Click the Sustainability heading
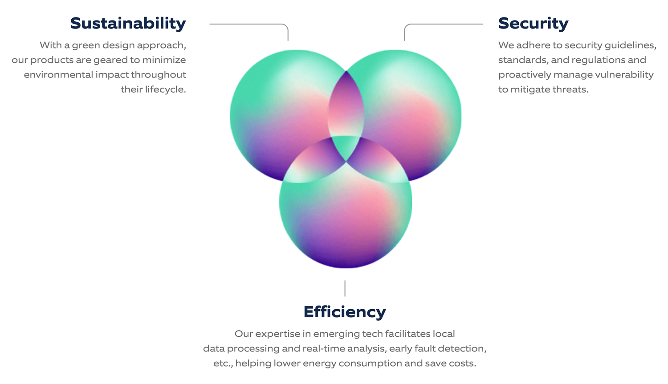pos(128,23)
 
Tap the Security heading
pos(533,23)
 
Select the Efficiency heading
pos(345,312)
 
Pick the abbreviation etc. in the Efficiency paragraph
pos(223,364)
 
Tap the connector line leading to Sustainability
pos(249,24)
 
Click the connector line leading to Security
pos(443,24)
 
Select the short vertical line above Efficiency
pos(345,288)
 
